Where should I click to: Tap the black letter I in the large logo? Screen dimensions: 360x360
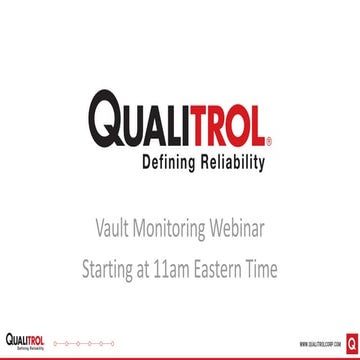(189, 121)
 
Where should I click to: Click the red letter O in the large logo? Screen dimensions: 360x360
(237, 121)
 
